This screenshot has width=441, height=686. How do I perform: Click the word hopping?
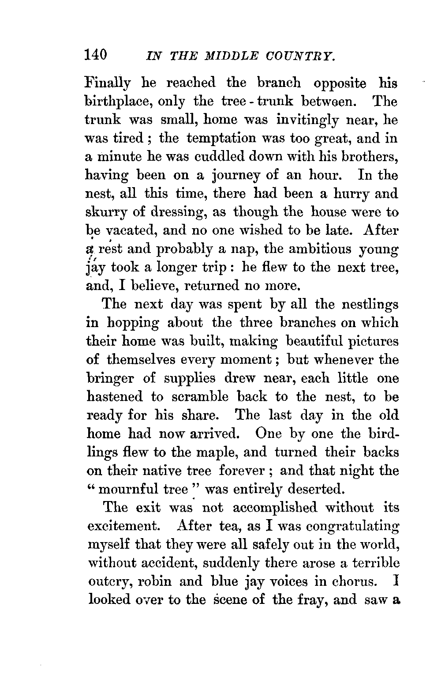point(131,323)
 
